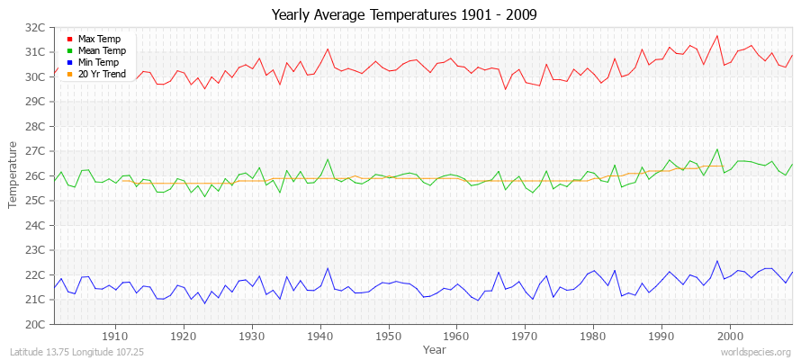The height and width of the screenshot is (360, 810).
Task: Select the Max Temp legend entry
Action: [x=98, y=40]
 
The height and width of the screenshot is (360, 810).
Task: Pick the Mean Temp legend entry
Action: [x=100, y=51]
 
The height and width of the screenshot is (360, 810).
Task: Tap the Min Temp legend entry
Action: [x=98, y=63]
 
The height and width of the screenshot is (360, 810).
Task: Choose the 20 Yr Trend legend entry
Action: [x=100, y=74]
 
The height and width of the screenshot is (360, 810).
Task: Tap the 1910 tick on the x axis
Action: [x=115, y=336]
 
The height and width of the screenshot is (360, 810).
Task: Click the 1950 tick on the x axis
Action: [x=388, y=336]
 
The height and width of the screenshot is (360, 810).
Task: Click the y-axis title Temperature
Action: [x=13, y=175]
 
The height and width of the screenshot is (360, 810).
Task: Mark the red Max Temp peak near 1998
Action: [x=716, y=36]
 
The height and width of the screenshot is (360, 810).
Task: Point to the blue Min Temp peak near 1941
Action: [x=327, y=267]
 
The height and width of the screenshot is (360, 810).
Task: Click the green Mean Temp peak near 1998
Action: [x=716, y=149]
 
